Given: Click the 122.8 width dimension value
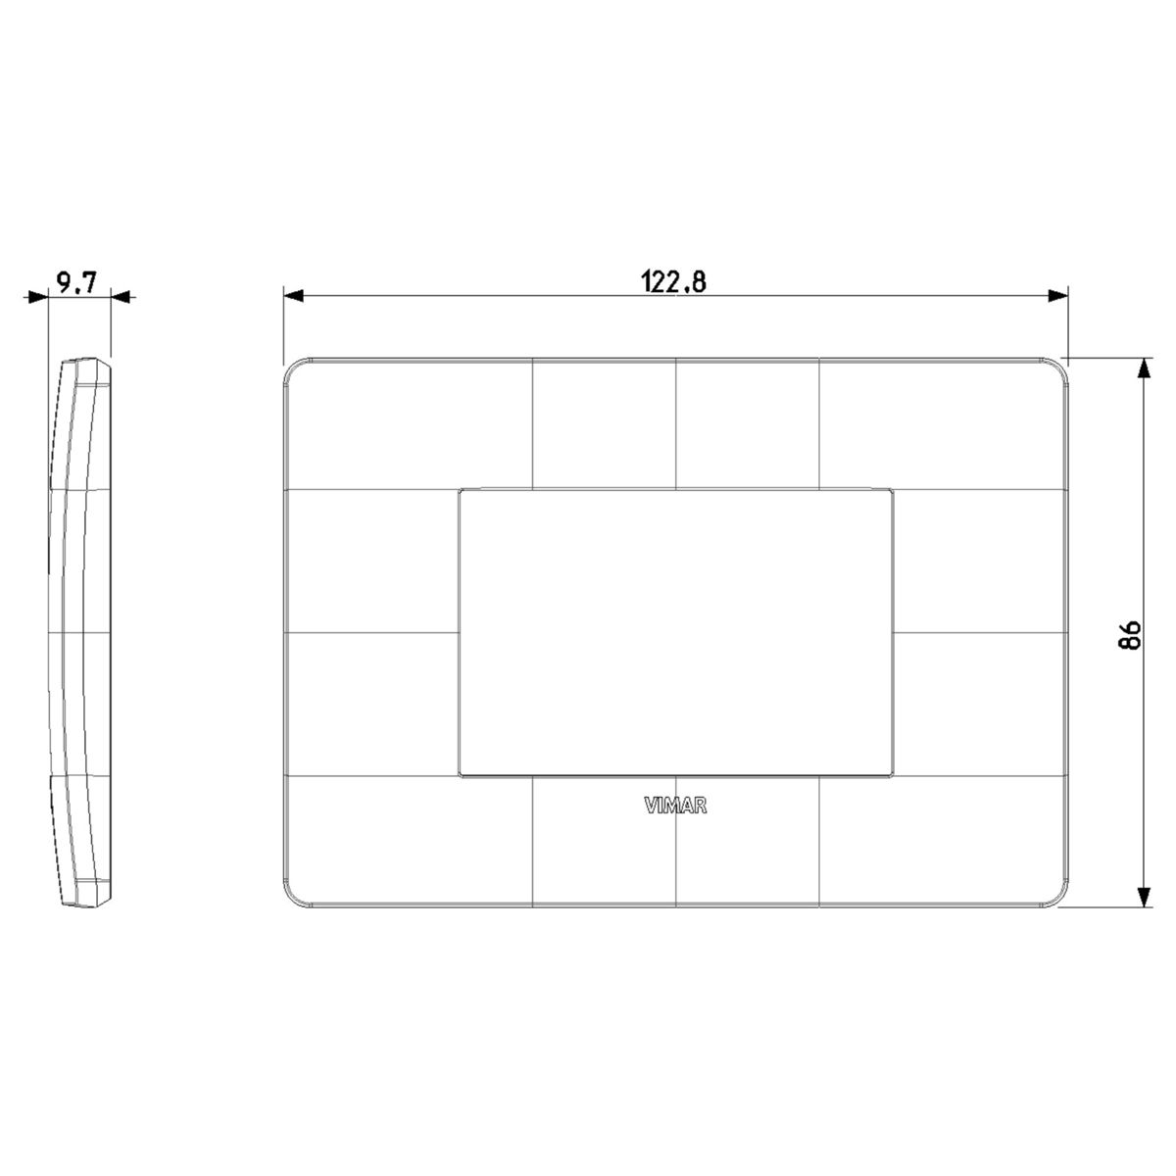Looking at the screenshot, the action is (x=673, y=282).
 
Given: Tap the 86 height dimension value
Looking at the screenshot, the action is (x=1130, y=635).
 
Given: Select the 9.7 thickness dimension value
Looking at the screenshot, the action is (x=76, y=282).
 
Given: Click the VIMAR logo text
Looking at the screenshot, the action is (x=675, y=807).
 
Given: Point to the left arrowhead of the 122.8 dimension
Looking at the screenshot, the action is (x=294, y=296).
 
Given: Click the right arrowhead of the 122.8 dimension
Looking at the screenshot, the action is (x=1058, y=296).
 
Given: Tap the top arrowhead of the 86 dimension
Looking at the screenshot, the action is (x=1145, y=369).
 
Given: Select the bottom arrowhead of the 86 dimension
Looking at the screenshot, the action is (x=1145, y=896).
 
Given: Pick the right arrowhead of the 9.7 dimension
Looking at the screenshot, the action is (x=121, y=297).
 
